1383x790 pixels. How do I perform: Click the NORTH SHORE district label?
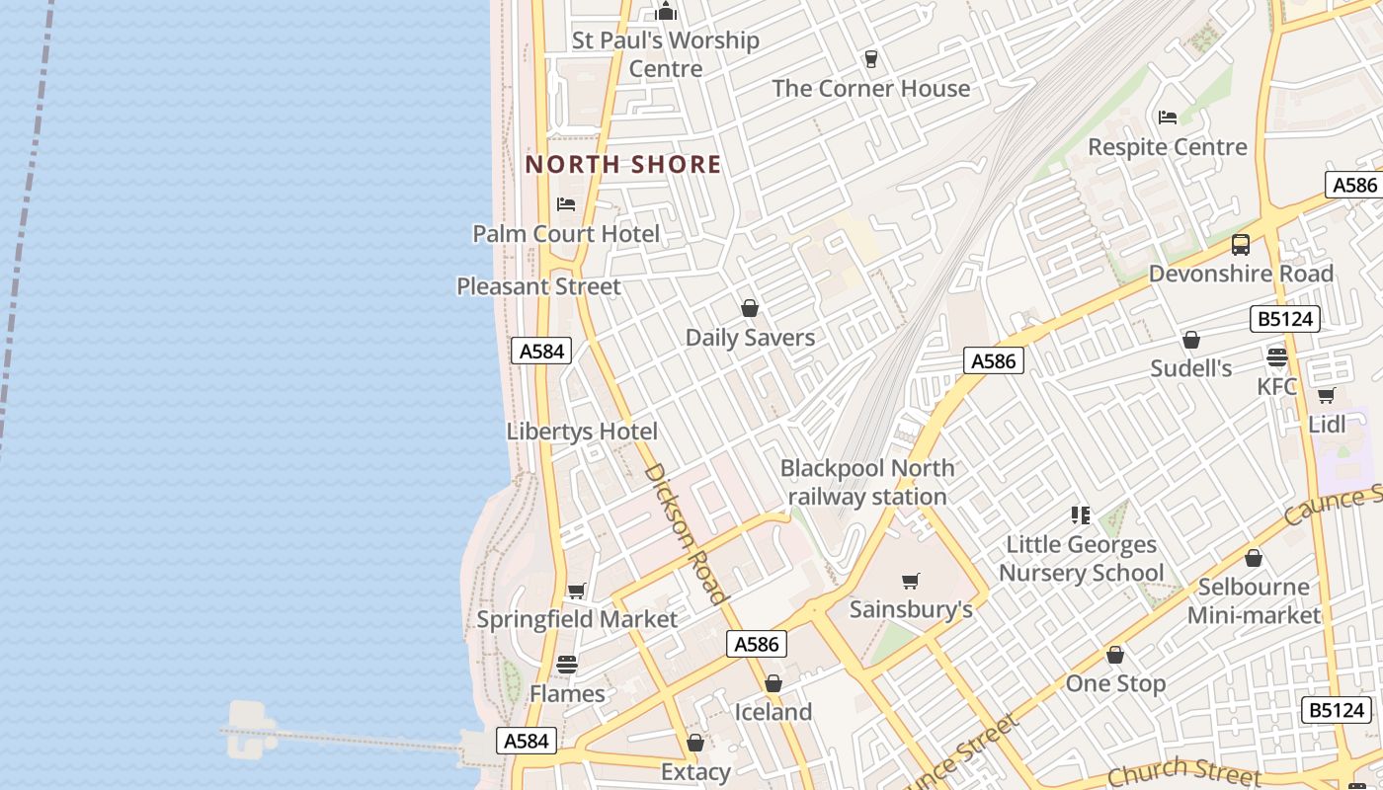pyautogui.click(x=623, y=164)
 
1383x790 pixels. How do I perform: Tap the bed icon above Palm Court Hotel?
pyautogui.click(x=566, y=204)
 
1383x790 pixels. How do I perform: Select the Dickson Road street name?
pyautogui.click(x=687, y=532)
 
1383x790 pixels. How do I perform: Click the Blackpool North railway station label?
pyautogui.click(x=867, y=482)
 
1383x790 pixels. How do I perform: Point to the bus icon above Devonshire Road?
pyautogui.click(x=1241, y=244)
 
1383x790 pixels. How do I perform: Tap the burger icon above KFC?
pyautogui.click(x=1277, y=356)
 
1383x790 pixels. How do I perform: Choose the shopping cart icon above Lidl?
pyautogui.click(x=1326, y=395)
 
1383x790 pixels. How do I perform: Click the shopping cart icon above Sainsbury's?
pyautogui.click(x=911, y=581)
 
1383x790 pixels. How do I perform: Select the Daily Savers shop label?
pyautogui.click(x=750, y=337)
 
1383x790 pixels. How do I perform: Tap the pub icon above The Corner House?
pyautogui.click(x=870, y=59)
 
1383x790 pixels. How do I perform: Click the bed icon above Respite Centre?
pyautogui.click(x=1168, y=118)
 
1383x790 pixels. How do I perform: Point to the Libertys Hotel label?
pyautogui.click(x=582, y=432)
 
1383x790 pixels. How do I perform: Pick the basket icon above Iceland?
pyautogui.click(x=773, y=683)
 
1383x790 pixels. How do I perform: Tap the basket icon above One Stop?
pyautogui.click(x=1115, y=655)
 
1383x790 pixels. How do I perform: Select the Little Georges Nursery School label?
pyautogui.click(x=1081, y=558)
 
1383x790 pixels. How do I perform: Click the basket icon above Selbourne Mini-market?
pyautogui.click(x=1254, y=558)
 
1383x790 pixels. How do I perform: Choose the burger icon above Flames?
pyautogui.click(x=567, y=664)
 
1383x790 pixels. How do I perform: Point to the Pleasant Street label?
pyautogui.click(x=538, y=286)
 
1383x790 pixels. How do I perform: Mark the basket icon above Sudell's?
pyautogui.click(x=1191, y=340)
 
